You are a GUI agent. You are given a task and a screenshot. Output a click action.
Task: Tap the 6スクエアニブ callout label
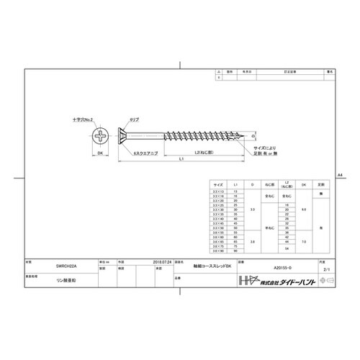coord(146,153)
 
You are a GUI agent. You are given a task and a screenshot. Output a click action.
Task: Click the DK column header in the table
coord(304,185)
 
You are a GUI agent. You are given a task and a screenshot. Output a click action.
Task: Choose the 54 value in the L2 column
coord(287,248)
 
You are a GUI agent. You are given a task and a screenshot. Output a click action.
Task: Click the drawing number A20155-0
coord(284,265)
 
